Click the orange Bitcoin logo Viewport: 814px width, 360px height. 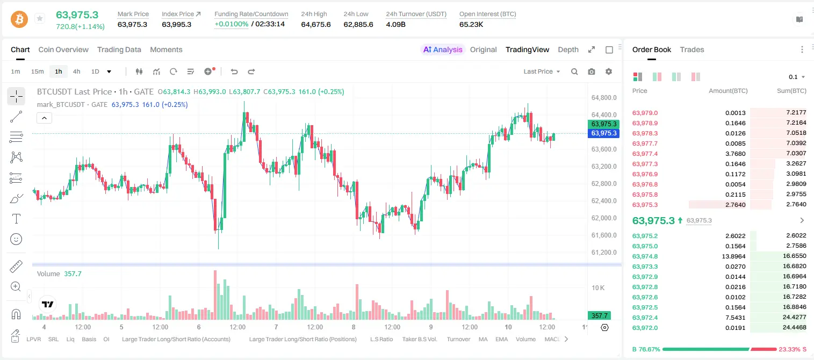(19, 19)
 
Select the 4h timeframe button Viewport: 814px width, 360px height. (76, 71)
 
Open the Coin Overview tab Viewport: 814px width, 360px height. (63, 49)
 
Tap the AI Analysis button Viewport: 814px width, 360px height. (443, 49)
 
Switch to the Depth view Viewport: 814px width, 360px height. (568, 49)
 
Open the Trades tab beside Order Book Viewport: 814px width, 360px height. (692, 49)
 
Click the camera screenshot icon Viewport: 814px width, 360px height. (592, 71)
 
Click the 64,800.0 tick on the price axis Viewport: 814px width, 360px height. (604, 97)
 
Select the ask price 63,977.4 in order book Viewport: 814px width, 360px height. (645, 154)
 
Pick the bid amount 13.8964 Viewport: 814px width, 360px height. (733, 256)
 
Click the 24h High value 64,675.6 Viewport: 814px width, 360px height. (316, 24)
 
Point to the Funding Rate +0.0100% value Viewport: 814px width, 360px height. (232, 24)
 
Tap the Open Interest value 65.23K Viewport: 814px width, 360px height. (471, 24)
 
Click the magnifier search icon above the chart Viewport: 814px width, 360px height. (574, 71)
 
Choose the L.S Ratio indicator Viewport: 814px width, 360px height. (381, 339)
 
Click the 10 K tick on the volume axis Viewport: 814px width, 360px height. (598, 287)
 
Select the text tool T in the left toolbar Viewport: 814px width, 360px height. (16, 219)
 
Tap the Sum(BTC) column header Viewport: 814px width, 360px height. (791, 91)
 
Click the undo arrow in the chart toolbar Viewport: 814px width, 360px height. (234, 71)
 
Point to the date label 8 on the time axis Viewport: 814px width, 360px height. (353, 327)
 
